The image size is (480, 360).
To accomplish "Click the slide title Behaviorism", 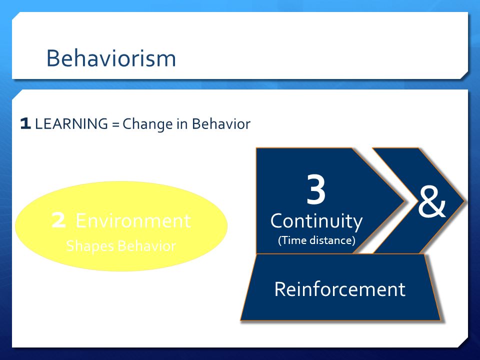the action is pyautogui.click(x=111, y=58).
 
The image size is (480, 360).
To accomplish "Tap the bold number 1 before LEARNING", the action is pyautogui.click(x=25, y=123).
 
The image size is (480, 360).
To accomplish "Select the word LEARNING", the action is pyautogui.click(x=71, y=123).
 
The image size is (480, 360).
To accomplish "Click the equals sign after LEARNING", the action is pyautogui.click(x=115, y=124).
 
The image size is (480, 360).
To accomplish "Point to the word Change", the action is pyautogui.click(x=147, y=124).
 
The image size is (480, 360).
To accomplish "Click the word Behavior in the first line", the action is pyautogui.click(x=221, y=123).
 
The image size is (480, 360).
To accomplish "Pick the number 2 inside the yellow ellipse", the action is pyautogui.click(x=58, y=220).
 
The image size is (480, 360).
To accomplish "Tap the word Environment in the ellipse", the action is pyautogui.click(x=133, y=220).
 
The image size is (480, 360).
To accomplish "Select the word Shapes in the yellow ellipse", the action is pyautogui.click(x=90, y=246).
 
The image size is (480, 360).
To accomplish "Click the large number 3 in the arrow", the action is pyautogui.click(x=316, y=189).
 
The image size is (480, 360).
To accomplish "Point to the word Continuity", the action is pyautogui.click(x=316, y=221).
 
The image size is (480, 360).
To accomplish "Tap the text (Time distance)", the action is pyautogui.click(x=316, y=240).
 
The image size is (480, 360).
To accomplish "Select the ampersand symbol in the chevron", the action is pyautogui.click(x=431, y=202).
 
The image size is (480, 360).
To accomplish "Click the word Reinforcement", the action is pyautogui.click(x=340, y=289).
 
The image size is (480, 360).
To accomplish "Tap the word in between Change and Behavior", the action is pyautogui.click(x=182, y=123).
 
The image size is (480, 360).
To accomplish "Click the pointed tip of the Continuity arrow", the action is pyautogui.click(x=404, y=201).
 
